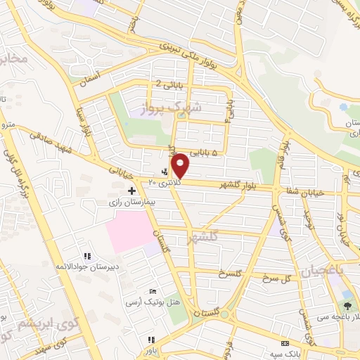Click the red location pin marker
coord(181,165)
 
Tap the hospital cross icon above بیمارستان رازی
coord(131,191)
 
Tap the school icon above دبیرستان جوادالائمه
coord(87,257)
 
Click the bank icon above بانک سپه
coord(285,343)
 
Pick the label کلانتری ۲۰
coord(164,181)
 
